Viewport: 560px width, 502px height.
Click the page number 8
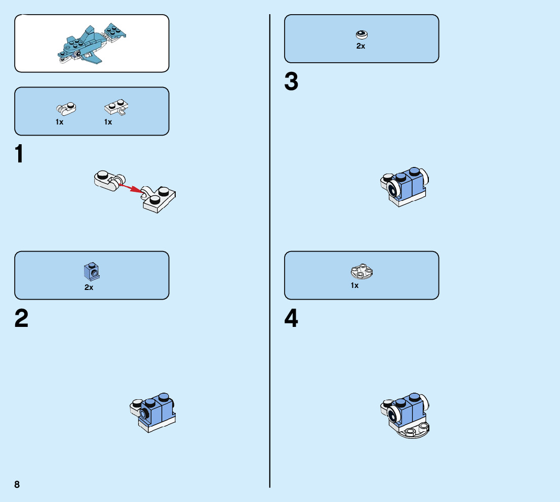click(x=17, y=484)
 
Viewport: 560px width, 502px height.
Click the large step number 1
click(x=20, y=154)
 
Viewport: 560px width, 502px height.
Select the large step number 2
click(x=21, y=319)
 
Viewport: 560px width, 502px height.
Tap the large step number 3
click(x=291, y=82)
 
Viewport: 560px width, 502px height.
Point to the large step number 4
click(x=291, y=319)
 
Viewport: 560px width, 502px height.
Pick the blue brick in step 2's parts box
click(x=92, y=272)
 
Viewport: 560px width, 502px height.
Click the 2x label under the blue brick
click(x=89, y=287)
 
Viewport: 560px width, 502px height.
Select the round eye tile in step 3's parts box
click(x=362, y=34)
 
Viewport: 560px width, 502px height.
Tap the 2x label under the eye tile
click(x=361, y=46)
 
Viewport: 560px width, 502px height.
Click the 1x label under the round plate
click(x=354, y=285)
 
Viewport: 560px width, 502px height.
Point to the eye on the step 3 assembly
click(x=392, y=189)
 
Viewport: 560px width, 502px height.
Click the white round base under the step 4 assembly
click(x=414, y=431)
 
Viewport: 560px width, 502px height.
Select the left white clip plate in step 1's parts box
click(x=66, y=107)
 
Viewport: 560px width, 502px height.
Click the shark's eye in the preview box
click(x=77, y=53)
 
